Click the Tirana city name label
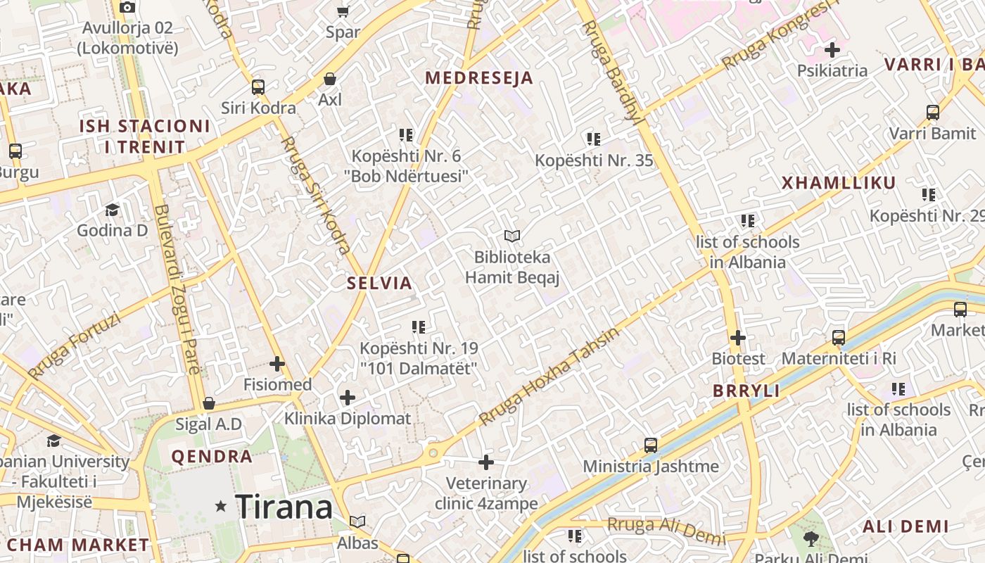coord(284,507)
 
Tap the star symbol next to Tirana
coord(221,506)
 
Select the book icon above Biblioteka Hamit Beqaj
coord(512,236)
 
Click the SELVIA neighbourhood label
coord(379,284)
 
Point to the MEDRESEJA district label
coord(478,78)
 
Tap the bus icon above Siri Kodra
coord(258,87)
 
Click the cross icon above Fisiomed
coord(277,364)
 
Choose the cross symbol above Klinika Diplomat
coord(348,398)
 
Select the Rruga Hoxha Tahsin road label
coord(549,377)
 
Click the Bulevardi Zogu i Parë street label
coord(178,289)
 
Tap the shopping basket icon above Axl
coord(329,79)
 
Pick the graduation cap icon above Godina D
coord(112,210)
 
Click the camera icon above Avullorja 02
coord(127,8)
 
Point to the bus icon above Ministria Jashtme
coord(651,445)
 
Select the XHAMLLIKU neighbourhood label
coord(839,184)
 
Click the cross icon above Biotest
coord(737,338)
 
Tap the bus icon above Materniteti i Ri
coord(839,338)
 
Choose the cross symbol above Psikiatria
coord(832,50)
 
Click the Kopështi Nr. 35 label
coord(594,160)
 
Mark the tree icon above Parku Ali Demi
coord(811,539)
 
